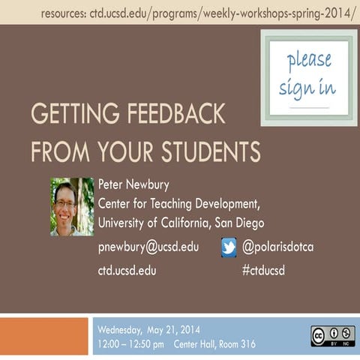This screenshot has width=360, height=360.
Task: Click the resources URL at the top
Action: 199,13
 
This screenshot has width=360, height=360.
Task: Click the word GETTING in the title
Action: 68,116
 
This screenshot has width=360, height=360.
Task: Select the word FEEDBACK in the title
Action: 169,116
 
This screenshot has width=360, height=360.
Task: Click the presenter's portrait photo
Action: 72,206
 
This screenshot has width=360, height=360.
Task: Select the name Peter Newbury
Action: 134,184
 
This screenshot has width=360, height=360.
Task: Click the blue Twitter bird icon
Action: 229,247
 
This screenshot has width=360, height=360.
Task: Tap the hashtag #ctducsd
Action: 263,271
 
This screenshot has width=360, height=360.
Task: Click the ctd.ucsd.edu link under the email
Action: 127,271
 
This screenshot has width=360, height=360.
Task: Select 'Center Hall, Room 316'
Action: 214,344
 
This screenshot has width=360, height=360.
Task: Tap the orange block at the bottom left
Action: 44,337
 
